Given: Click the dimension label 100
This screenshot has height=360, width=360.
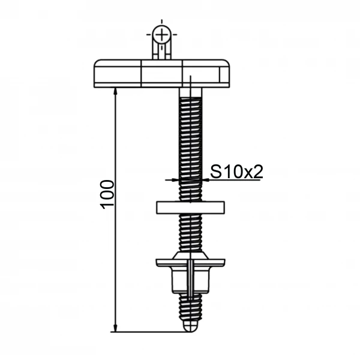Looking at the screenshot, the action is [107, 194].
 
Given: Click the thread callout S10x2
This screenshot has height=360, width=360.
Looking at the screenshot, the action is [236, 172].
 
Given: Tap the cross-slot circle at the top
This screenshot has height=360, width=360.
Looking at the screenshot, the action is [162, 34].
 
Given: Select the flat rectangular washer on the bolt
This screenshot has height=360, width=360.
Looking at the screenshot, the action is [190, 208].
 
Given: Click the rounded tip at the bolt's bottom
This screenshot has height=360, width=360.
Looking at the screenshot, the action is [190, 326].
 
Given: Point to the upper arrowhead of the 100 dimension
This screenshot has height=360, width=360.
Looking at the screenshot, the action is [115, 91].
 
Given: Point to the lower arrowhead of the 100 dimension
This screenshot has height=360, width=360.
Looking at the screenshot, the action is [115, 328].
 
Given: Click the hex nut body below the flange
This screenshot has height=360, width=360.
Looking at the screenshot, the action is [190, 280].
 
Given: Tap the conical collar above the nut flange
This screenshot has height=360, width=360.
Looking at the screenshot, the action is [190, 256].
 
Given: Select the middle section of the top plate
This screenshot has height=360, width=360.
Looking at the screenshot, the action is [162, 73].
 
